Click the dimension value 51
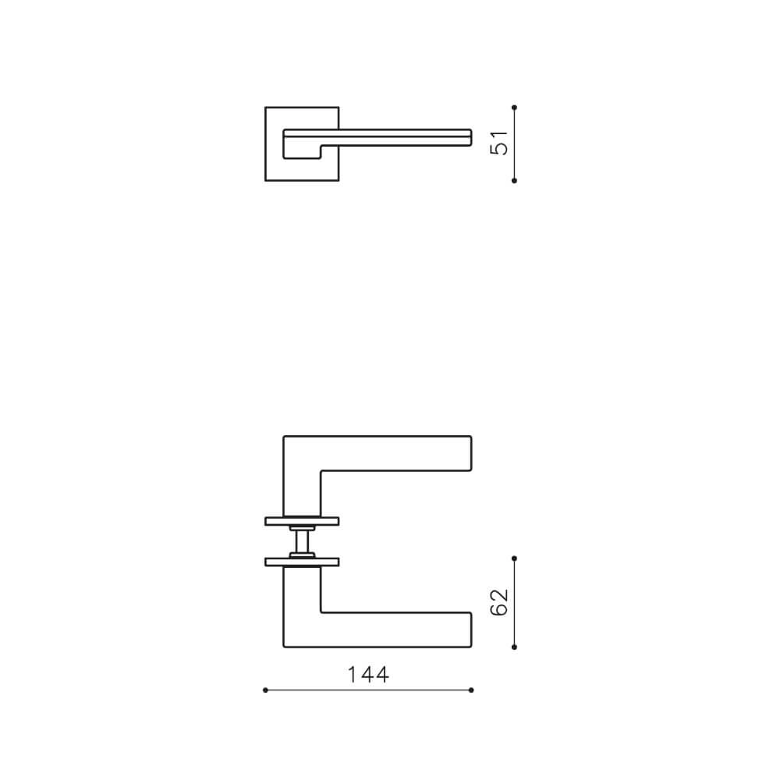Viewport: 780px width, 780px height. coord(499,144)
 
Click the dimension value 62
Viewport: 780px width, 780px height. coord(499,602)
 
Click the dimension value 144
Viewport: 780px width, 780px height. coord(368,675)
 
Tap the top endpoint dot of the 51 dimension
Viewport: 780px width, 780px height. coord(514,107)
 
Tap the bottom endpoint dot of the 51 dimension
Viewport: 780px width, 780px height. coord(514,180)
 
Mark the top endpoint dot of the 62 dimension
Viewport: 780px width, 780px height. coord(514,558)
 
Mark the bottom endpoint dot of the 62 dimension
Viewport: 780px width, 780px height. coord(514,647)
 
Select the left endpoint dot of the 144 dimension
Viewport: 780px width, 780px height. coord(266,690)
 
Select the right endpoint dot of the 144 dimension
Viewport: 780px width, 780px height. coord(471,690)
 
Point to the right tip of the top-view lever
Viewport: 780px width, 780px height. coord(470,136)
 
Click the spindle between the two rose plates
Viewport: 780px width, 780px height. coord(302,540)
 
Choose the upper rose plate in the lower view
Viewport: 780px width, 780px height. coord(302,520)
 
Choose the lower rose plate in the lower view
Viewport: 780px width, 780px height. coord(302,561)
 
